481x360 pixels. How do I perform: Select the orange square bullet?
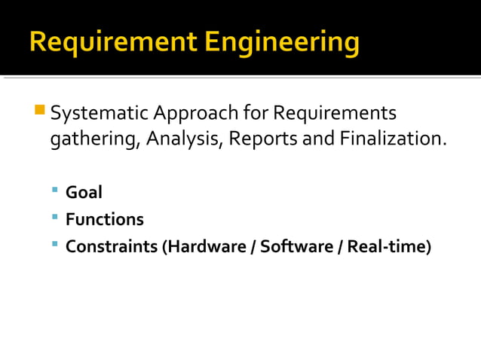pyautogui.click(x=40, y=109)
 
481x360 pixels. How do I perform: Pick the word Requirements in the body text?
pyautogui.click(x=334, y=114)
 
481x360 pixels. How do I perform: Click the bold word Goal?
pyautogui.click(x=84, y=192)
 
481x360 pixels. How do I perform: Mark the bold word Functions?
pyautogui.click(x=104, y=219)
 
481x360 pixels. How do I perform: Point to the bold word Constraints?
pyautogui.click(x=112, y=246)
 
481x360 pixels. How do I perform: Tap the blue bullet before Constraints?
pyautogui.click(x=56, y=244)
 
